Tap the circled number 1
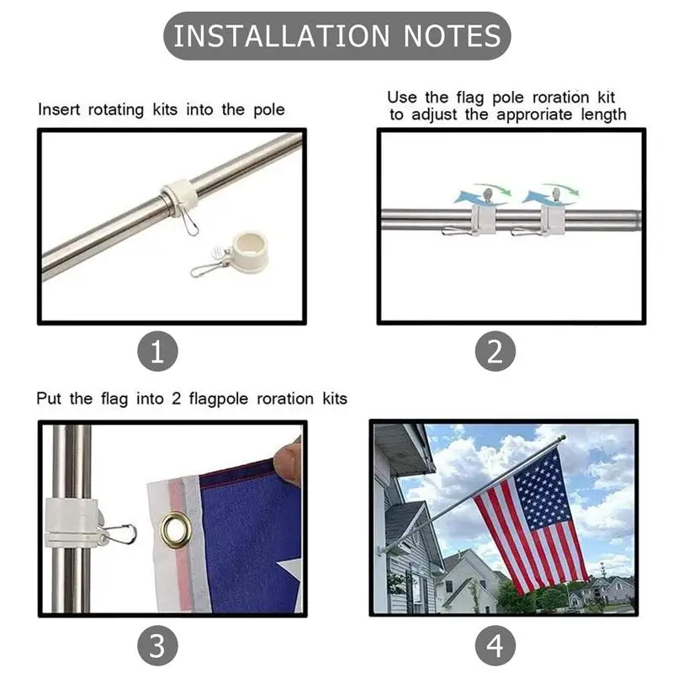click(157, 352)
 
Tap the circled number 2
click(495, 352)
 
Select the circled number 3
click(157, 646)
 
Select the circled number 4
click(495, 646)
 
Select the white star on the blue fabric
click(289, 580)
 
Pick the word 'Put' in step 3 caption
click(50, 398)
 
